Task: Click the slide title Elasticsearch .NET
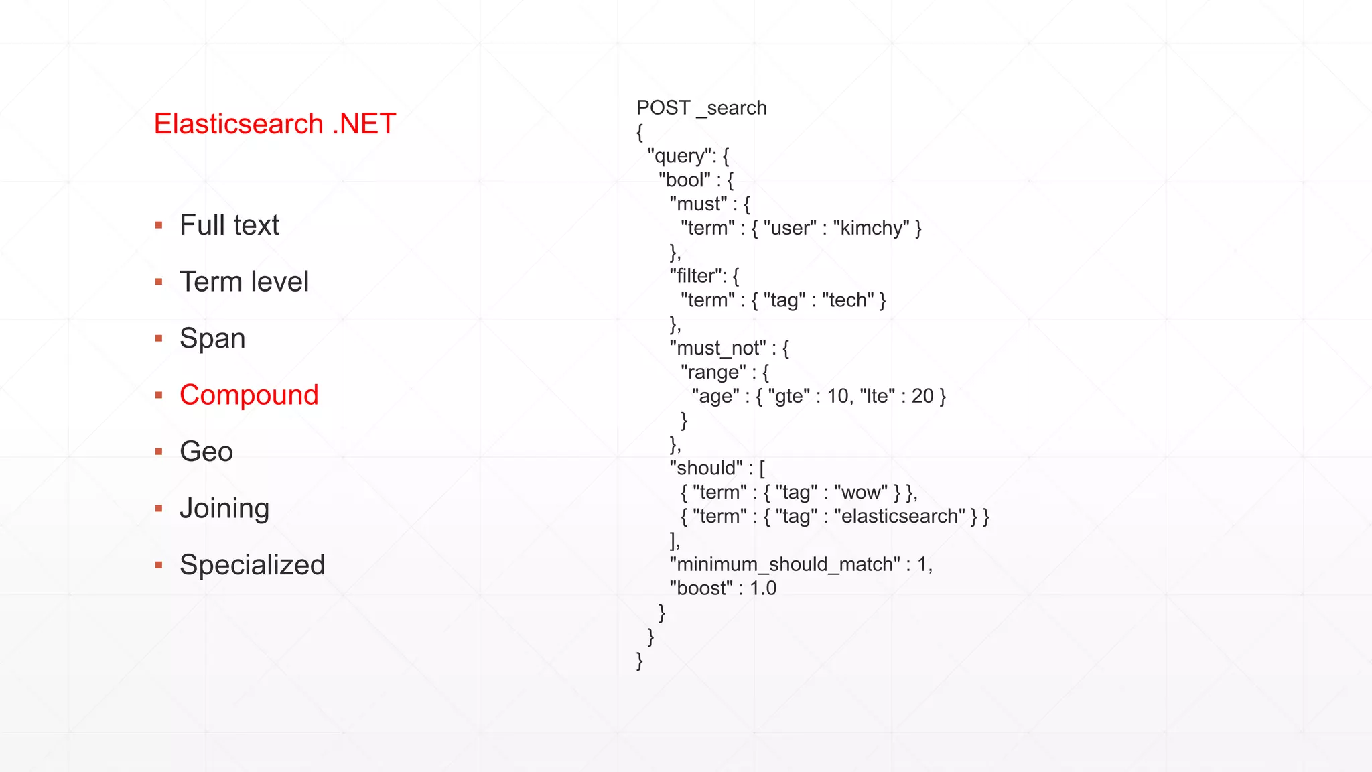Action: click(x=275, y=124)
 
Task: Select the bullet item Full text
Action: click(x=229, y=225)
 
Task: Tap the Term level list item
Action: click(x=244, y=281)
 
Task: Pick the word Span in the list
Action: click(x=212, y=338)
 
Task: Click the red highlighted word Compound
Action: click(x=249, y=395)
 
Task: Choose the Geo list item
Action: click(x=206, y=452)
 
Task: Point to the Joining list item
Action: click(x=224, y=509)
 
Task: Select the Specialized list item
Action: click(x=252, y=565)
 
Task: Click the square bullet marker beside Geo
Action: click(x=159, y=452)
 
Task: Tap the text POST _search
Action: click(x=701, y=108)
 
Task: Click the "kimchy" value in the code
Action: click(x=872, y=229)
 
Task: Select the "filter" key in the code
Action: click(x=697, y=276)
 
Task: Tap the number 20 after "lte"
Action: click(x=922, y=397)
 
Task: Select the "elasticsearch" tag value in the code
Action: click(x=900, y=517)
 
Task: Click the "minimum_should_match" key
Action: click(x=784, y=565)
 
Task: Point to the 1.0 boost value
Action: click(x=763, y=589)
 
